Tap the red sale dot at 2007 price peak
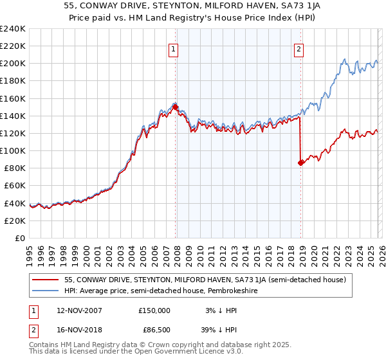[x=175, y=107]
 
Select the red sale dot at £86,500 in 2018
[x=300, y=163]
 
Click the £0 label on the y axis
[x=19, y=238]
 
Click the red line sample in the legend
[x=46, y=280]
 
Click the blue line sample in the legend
[x=46, y=291]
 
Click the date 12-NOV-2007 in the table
[x=79, y=310]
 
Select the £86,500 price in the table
[x=154, y=331]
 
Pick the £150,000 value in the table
[x=154, y=310]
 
